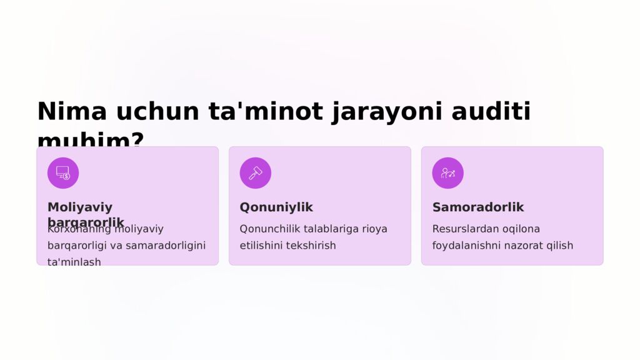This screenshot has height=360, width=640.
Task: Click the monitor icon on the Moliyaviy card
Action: coord(63,173)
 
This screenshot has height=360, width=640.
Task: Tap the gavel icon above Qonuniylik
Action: coord(256,173)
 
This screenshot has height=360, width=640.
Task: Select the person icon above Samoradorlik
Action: coord(447,173)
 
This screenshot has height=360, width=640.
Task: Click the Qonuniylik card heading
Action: coord(276,207)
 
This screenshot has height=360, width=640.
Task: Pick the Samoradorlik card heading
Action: coord(478,207)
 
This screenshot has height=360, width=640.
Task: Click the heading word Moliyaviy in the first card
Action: coord(80,207)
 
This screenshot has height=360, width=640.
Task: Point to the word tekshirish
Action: coord(311,246)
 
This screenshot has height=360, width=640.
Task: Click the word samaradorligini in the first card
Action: coord(166,246)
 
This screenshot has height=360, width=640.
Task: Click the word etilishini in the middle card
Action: coord(261,246)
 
